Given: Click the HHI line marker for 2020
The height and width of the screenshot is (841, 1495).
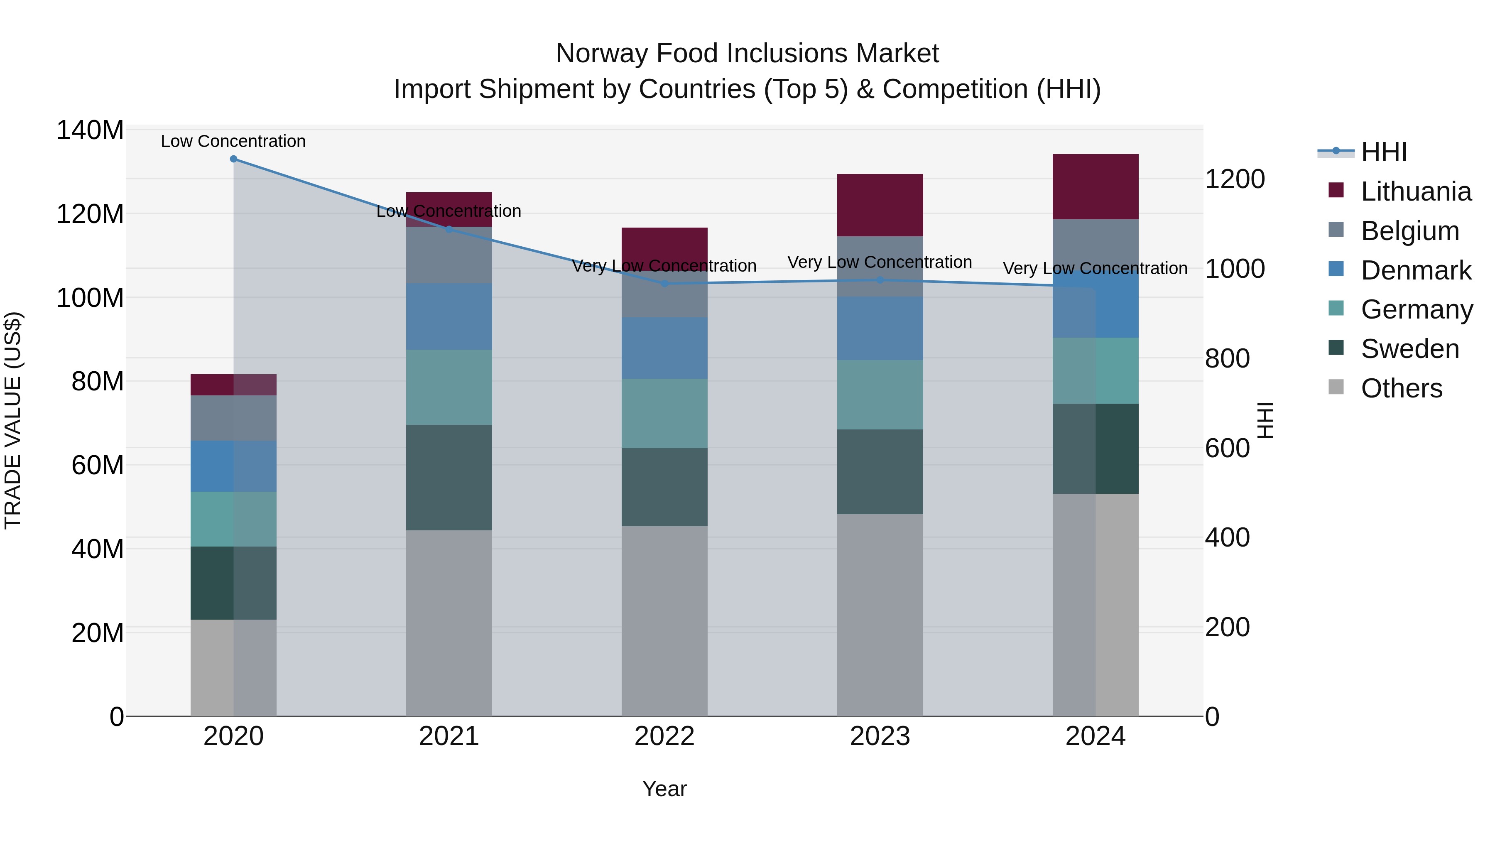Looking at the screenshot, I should pyautogui.click(x=233, y=159).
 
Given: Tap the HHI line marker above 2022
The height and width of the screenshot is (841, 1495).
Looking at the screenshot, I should pyautogui.click(x=664, y=284).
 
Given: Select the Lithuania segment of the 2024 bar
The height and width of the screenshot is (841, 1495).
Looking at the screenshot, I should pyautogui.click(x=1095, y=187).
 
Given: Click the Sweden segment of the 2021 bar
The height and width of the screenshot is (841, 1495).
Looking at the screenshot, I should pyautogui.click(x=448, y=477).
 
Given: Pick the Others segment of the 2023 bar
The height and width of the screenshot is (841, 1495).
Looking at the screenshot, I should pyautogui.click(x=880, y=615).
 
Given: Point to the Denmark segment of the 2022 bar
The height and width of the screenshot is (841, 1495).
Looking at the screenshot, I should pyautogui.click(x=664, y=348).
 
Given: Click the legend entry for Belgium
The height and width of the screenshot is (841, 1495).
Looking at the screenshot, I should pyautogui.click(x=1409, y=231).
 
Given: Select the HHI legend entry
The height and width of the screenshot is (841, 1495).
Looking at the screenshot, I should pyautogui.click(x=1383, y=152).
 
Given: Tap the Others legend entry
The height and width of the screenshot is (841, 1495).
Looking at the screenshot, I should pyautogui.click(x=1401, y=388).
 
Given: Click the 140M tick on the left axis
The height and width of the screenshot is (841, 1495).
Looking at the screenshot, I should pyautogui.click(x=90, y=130).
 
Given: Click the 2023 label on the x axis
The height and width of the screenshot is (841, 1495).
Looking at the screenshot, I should pyautogui.click(x=880, y=736).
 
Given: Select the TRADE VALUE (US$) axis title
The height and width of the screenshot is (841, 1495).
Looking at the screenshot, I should pyautogui.click(x=13, y=420).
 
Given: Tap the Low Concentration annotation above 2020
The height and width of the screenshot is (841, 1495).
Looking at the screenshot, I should pyautogui.click(x=233, y=142).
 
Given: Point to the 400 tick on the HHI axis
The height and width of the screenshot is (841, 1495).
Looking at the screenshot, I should pyautogui.click(x=1227, y=537).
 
